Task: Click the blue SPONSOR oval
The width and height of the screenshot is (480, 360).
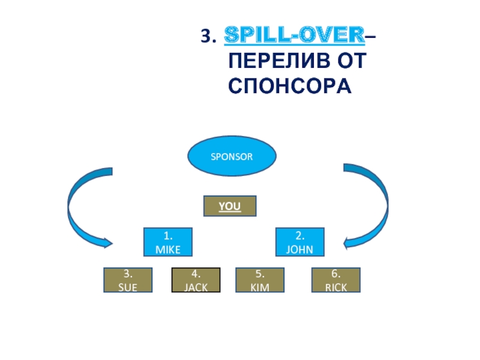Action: point(232,157)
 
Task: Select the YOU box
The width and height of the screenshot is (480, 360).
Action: point(230,206)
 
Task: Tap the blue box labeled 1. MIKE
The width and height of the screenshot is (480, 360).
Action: point(167,242)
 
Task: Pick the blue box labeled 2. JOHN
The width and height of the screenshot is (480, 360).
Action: point(300,242)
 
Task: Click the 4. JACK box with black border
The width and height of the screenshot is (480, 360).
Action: point(196,280)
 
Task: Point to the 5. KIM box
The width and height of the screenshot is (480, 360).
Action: point(260,280)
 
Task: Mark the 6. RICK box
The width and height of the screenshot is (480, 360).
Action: point(337,280)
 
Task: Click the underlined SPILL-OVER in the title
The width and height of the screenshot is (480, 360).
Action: point(295,38)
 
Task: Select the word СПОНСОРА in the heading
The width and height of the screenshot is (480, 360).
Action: point(289,85)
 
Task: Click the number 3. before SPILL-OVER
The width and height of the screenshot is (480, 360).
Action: point(208,38)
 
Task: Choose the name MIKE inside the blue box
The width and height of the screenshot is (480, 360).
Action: point(167,249)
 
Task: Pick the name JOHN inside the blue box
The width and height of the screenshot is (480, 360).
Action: point(300,249)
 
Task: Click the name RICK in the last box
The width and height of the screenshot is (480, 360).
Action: point(337,287)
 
